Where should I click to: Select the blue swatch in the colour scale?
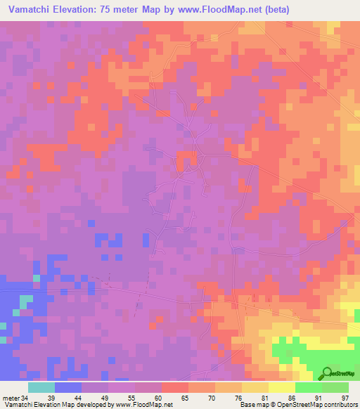coord(67,387)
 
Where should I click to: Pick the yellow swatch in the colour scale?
coord(281,387)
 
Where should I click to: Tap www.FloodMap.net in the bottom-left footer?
coord(143,405)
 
